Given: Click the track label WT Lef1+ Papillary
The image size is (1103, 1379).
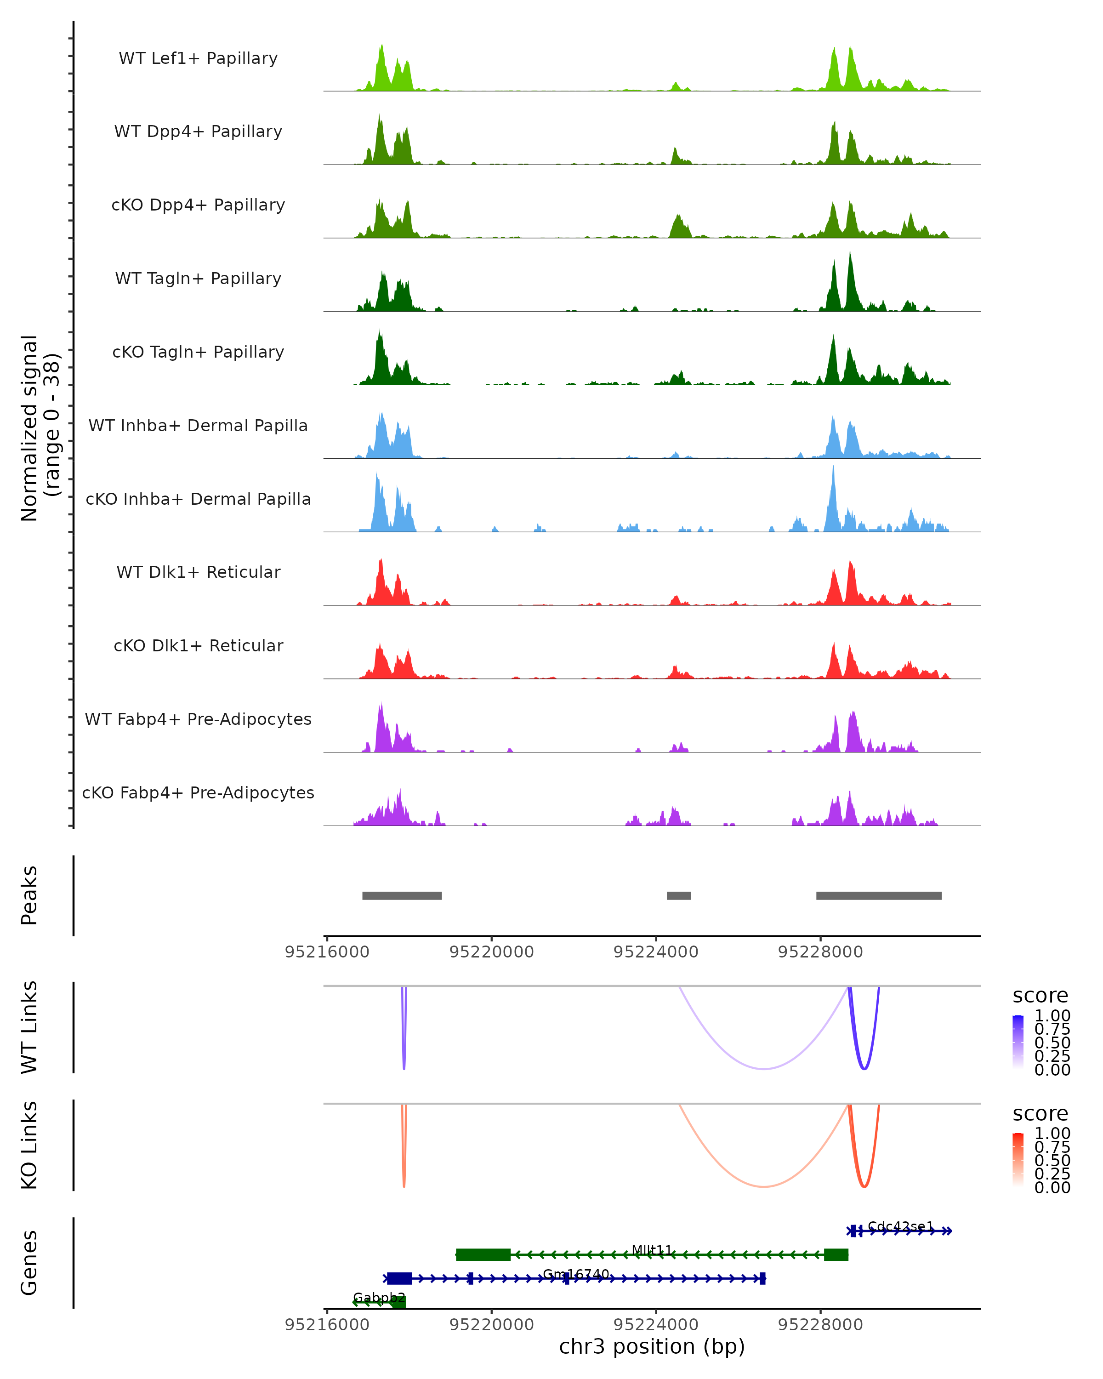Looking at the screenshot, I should coord(198,58).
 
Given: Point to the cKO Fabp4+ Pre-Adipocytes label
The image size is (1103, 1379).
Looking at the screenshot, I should coord(198,792).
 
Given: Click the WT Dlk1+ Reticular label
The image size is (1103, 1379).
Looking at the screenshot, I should coord(198,572).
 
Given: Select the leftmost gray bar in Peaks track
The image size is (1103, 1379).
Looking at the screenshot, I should coord(402,895).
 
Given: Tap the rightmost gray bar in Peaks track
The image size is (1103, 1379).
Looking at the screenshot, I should coord(879,895).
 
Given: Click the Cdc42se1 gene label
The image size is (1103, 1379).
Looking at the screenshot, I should coord(900,1226).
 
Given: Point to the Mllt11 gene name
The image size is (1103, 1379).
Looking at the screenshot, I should coord(652,1250).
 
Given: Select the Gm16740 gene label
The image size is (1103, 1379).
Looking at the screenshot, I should coord(576,1274).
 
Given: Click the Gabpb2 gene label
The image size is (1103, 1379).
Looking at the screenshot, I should coord(379,1298).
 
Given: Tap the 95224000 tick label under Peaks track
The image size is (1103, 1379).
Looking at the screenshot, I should coord(655,952).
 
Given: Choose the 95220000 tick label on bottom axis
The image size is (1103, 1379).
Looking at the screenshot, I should coord(491,1325).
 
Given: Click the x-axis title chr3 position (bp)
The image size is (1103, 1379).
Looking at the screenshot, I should coord(652,1347).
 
